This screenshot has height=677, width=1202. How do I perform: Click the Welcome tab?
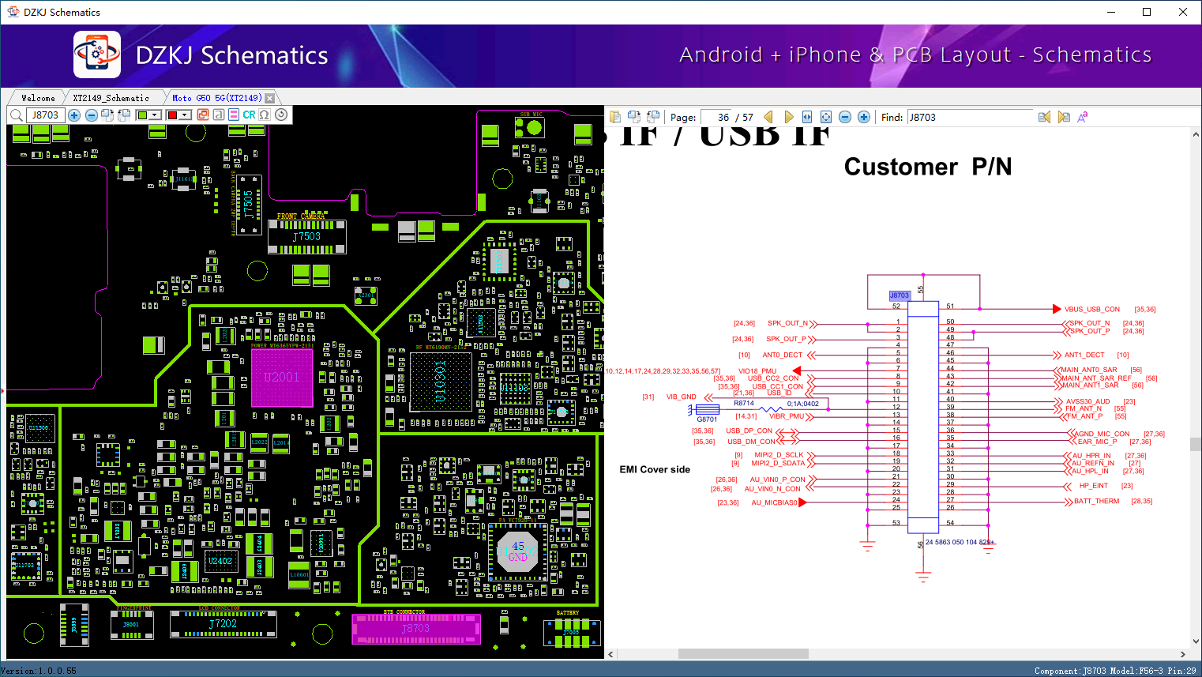coord(38,98)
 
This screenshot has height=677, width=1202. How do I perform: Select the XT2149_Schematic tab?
coord(111,98)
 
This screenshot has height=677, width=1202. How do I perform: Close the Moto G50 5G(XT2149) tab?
coord(270,98)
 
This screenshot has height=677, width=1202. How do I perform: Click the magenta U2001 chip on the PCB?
coord(282,378)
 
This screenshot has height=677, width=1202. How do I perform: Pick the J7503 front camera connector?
coord(306,236)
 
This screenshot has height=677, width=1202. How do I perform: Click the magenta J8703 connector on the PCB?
coord(415,629)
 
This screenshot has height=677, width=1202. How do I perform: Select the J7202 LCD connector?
coord(223,623)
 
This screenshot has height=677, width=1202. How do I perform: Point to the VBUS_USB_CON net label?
coord(1091,310)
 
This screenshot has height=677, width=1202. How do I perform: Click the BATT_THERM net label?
coord(1096,502)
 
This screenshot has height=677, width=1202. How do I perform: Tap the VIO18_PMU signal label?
coord(757,370)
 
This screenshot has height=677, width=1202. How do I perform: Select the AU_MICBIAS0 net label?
coord(774,502)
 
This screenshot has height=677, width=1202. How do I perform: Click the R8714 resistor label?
coord(744,404)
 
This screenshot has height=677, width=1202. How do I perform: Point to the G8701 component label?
coord(707,419)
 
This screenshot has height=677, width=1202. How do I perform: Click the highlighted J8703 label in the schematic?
coord(900,295)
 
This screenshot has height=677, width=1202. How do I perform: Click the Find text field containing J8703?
coord(970,117)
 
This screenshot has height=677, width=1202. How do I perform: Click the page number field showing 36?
coord(716,117)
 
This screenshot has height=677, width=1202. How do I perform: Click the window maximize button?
coord(1147,12)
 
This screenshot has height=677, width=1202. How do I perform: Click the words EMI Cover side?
coord(655,469)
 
